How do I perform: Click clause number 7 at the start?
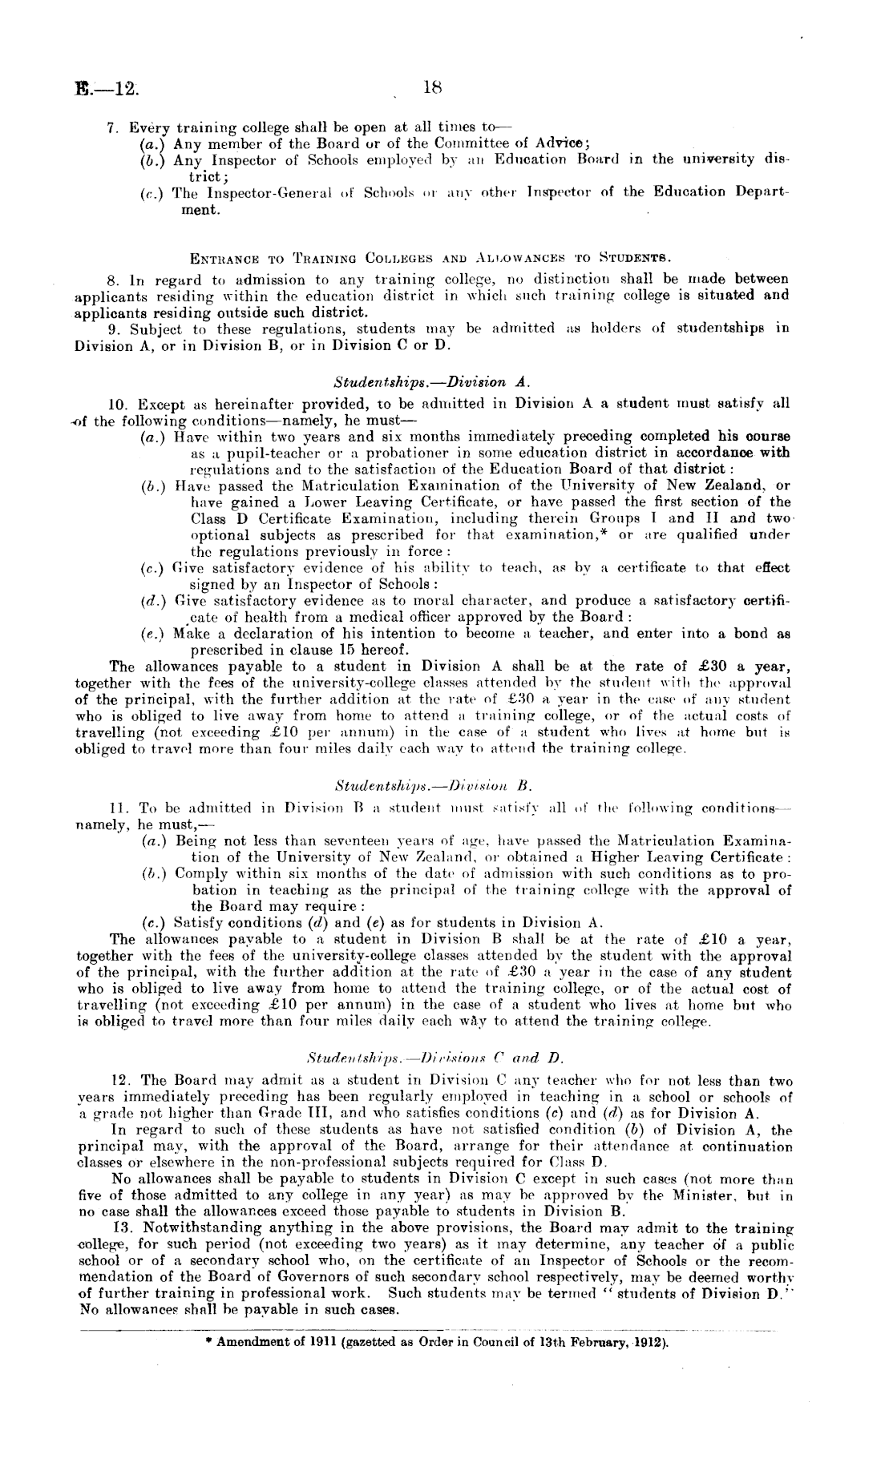click(113, 128)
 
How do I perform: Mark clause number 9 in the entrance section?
click(113, 329)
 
